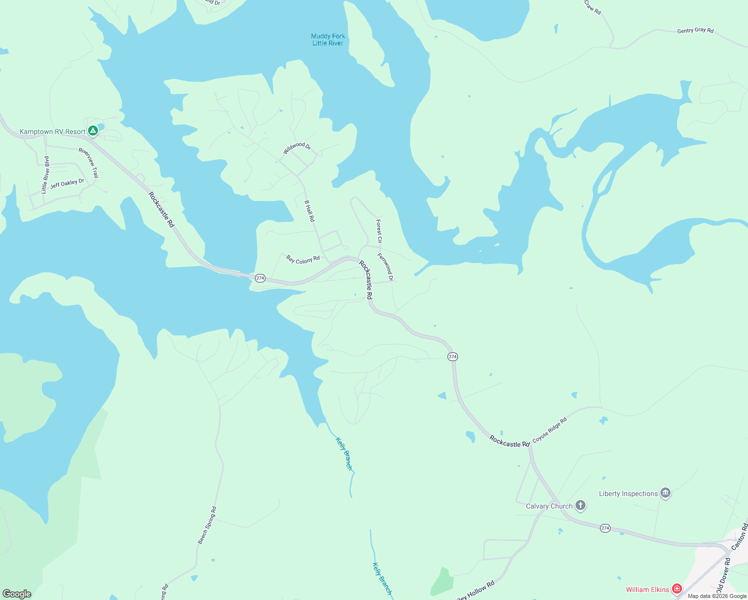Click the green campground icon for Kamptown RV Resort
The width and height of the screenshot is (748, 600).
pyautogui.click(x=92, y=131)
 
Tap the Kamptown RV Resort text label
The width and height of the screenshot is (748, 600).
pyautogui.click(x=52, y=132)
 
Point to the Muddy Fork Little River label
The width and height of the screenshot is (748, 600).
pyautogui.click(x=328, y=39)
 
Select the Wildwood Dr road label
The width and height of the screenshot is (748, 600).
pyautogui.click(x=297, y=148)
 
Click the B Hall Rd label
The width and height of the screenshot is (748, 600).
pyautogui.click(x=309, y=211)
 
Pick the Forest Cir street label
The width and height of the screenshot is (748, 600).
pyautogui.click(x=379, y=231)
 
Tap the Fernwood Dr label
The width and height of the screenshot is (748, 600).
pyautogui.click(x=385, y=267)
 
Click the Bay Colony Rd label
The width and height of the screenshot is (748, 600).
pyautogui.click(x=303, y=259)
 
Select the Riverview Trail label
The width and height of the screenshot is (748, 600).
pyautogui.click(x=89, y=162)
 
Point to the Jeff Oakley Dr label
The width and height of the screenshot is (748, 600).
pyautogui.click(x=67, y=183)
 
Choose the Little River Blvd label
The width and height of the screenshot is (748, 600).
pyautogui.click(x=45, y=174)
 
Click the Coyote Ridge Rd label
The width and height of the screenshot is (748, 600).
pyautogui.click(x=549, y=430)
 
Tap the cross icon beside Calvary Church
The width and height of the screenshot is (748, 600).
pyautogui.click(x=580, y=505)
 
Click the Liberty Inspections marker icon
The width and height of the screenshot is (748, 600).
pyautogui.click(x=665, y=493)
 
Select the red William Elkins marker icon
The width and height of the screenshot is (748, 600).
pyautogui.click(x=676, y=589)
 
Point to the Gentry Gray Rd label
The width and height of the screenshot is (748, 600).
pyautogui.click(x=695, y=30)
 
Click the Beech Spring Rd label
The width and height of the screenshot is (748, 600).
pyautogui.click(x=207, y=525)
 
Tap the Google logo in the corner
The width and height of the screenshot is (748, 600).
pyautogui.click(x=17, y=593)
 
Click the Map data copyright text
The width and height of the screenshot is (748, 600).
pyautogui.click(x=717, y=596)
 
